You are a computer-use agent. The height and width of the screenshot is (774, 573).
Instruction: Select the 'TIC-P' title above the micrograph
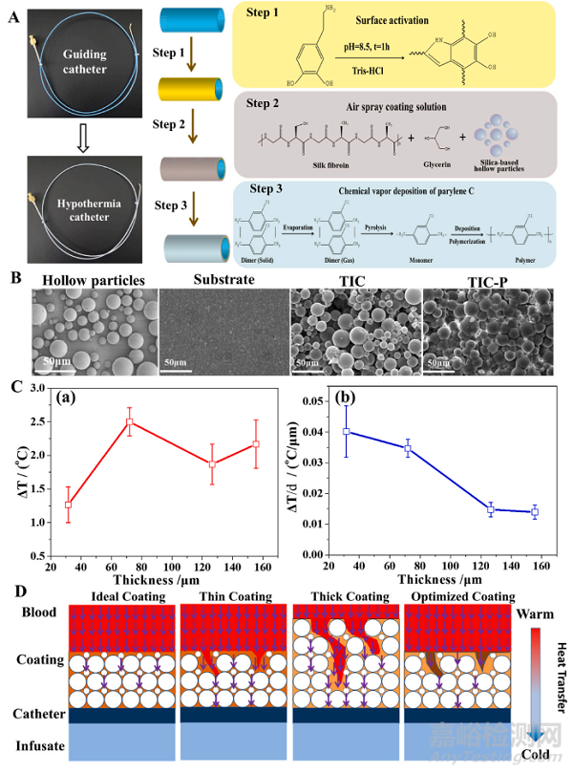[x=469, y=281]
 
